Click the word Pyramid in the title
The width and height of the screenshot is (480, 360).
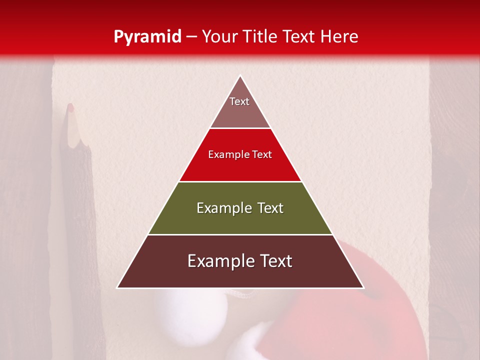(x=147, y=37)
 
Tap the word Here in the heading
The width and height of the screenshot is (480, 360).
(x=339, y=36)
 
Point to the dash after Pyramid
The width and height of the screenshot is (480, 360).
(x=191, y=37)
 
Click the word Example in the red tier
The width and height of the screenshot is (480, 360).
(x=226, y=155)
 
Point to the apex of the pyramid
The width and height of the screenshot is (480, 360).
(x=240, y=76)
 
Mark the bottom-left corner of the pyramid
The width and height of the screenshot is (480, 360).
(x=117, y=287)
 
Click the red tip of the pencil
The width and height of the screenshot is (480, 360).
(x=70, y=107)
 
